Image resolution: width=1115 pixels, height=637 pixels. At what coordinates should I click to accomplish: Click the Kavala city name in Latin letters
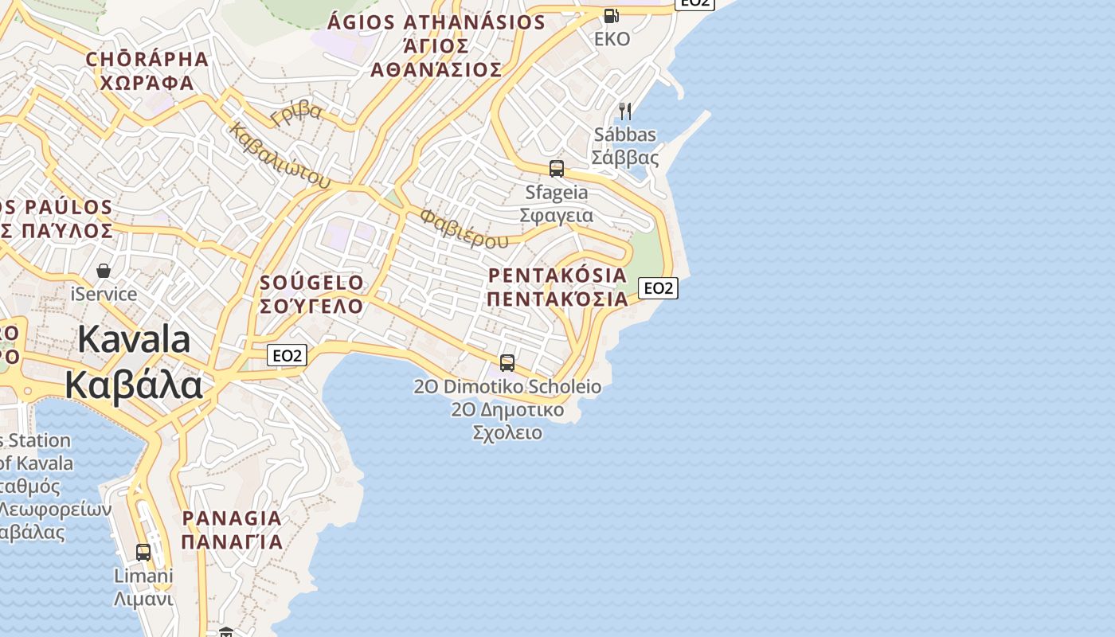(135, 340)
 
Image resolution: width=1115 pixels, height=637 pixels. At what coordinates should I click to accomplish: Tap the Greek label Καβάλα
(134, 385)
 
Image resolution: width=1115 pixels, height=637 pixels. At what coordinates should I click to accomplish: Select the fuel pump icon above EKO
(611, 15)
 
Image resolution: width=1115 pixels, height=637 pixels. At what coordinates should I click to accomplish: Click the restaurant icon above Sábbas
(625, 111)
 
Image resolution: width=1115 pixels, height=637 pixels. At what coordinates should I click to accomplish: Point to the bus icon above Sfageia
(557, 169)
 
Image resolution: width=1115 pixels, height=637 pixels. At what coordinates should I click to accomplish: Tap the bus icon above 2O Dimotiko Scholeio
(507, 363)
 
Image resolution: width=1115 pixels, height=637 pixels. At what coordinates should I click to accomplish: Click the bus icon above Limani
(143, 552)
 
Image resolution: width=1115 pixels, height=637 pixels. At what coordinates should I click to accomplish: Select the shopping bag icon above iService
(104, 271)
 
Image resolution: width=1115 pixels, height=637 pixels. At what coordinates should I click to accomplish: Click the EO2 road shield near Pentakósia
(658, 288)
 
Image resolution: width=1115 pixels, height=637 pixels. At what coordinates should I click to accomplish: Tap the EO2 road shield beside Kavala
(287, 355)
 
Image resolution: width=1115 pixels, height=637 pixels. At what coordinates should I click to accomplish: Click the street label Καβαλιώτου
(279, 155)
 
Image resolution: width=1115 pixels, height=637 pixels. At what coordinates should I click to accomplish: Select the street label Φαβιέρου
(464, 229)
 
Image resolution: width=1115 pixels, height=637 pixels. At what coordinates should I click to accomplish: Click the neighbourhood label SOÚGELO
(311, 283)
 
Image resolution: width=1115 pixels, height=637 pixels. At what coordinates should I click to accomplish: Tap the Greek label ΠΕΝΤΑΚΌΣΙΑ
(557, 299)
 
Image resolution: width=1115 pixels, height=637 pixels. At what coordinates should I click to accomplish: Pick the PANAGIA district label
(232, 518)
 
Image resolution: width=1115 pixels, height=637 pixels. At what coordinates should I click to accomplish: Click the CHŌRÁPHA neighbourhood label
(147, 59)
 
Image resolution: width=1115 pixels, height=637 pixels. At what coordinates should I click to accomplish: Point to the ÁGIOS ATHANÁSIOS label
(436, 22)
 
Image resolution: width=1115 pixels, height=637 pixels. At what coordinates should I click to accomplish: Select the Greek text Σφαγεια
(557, 216)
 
